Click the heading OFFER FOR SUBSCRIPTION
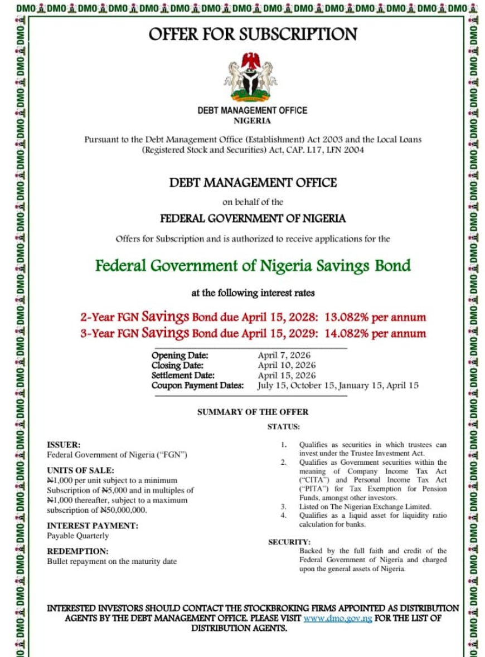[x=253, y=35]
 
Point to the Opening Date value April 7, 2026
[x=284, y=356]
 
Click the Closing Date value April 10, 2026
[x=287, y=366]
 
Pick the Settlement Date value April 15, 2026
[x=287, y=376]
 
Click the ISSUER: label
[x=64, y=445]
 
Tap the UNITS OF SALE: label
[x=80, y=470]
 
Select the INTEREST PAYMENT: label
[x=93, y=525]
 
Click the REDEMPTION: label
[x=77, y=551]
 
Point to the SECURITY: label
[x=289, y=542]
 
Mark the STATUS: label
[x=283, y=427]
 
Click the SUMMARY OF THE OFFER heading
[x=253, y=412]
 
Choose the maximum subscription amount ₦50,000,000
[x=123, y=510]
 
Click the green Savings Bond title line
[x=253, y=265]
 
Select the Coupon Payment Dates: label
[x=197, y=386]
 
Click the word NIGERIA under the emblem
[x=252, y=120]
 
